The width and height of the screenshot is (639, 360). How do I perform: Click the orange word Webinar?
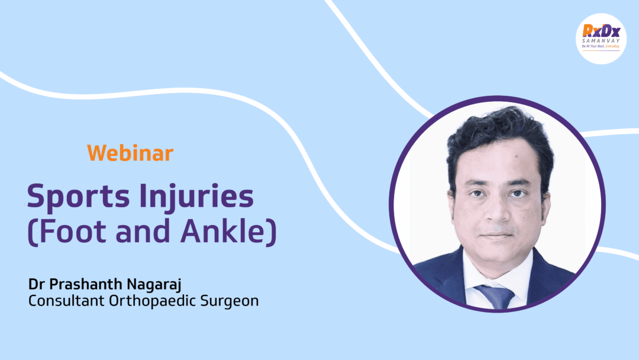[130, 153]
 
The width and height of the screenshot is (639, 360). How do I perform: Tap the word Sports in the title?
[78, 197]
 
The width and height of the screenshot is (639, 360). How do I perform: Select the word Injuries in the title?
[196, 197]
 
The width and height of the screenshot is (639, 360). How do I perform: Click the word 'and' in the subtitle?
[143, 231]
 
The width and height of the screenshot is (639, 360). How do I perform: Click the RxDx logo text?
[601, 31]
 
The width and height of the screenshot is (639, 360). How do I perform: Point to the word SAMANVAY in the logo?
[601, 41]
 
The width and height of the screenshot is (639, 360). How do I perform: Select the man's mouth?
[497, 234]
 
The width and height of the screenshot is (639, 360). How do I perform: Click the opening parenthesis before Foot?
[32, 232]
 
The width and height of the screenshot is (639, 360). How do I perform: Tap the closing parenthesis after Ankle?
[272, 232]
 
